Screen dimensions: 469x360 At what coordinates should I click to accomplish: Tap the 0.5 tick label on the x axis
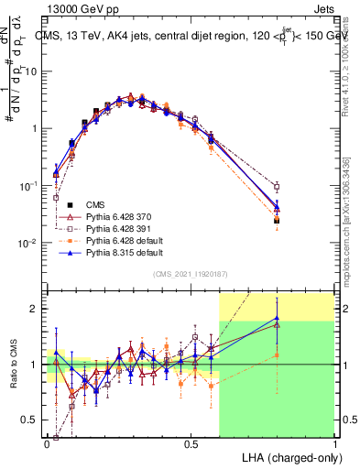191,442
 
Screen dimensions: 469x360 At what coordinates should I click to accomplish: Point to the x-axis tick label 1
334,442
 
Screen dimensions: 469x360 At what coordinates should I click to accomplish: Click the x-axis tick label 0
47,442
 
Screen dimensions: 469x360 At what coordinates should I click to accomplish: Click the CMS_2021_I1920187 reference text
191,273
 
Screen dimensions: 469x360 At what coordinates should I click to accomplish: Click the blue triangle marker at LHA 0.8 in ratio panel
277,319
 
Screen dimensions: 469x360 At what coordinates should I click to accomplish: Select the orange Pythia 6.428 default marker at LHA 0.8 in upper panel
277,220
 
